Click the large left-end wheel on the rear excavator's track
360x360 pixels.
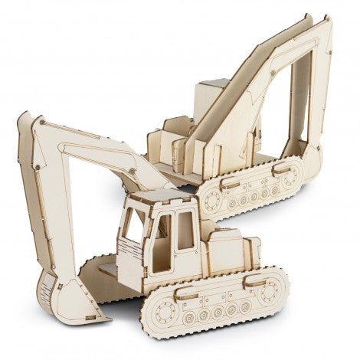coord(211,201)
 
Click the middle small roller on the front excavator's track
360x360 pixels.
coord(218,312)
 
